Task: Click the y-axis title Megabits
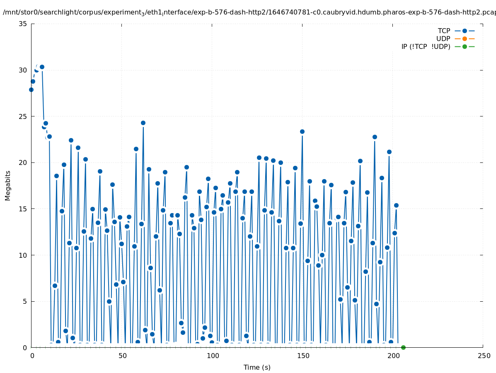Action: (8, 185)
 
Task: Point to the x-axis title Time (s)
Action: (257, 367)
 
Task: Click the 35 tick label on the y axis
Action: (23, 24)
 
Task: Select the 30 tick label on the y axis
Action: (23, 70)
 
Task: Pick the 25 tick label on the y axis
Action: (23, 116)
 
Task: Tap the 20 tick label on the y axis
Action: (23, 162)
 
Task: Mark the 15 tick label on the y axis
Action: (23, 209)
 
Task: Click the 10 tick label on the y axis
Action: (23, 255)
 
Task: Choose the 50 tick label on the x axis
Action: (122, 356)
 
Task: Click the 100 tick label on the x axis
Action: (213, 356)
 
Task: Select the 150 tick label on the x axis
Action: (303, 356)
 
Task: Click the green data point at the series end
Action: (403, 347)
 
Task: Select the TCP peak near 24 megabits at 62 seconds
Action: (143, 123)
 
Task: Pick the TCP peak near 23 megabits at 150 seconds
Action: (302, 131)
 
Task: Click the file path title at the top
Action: (249, 12)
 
